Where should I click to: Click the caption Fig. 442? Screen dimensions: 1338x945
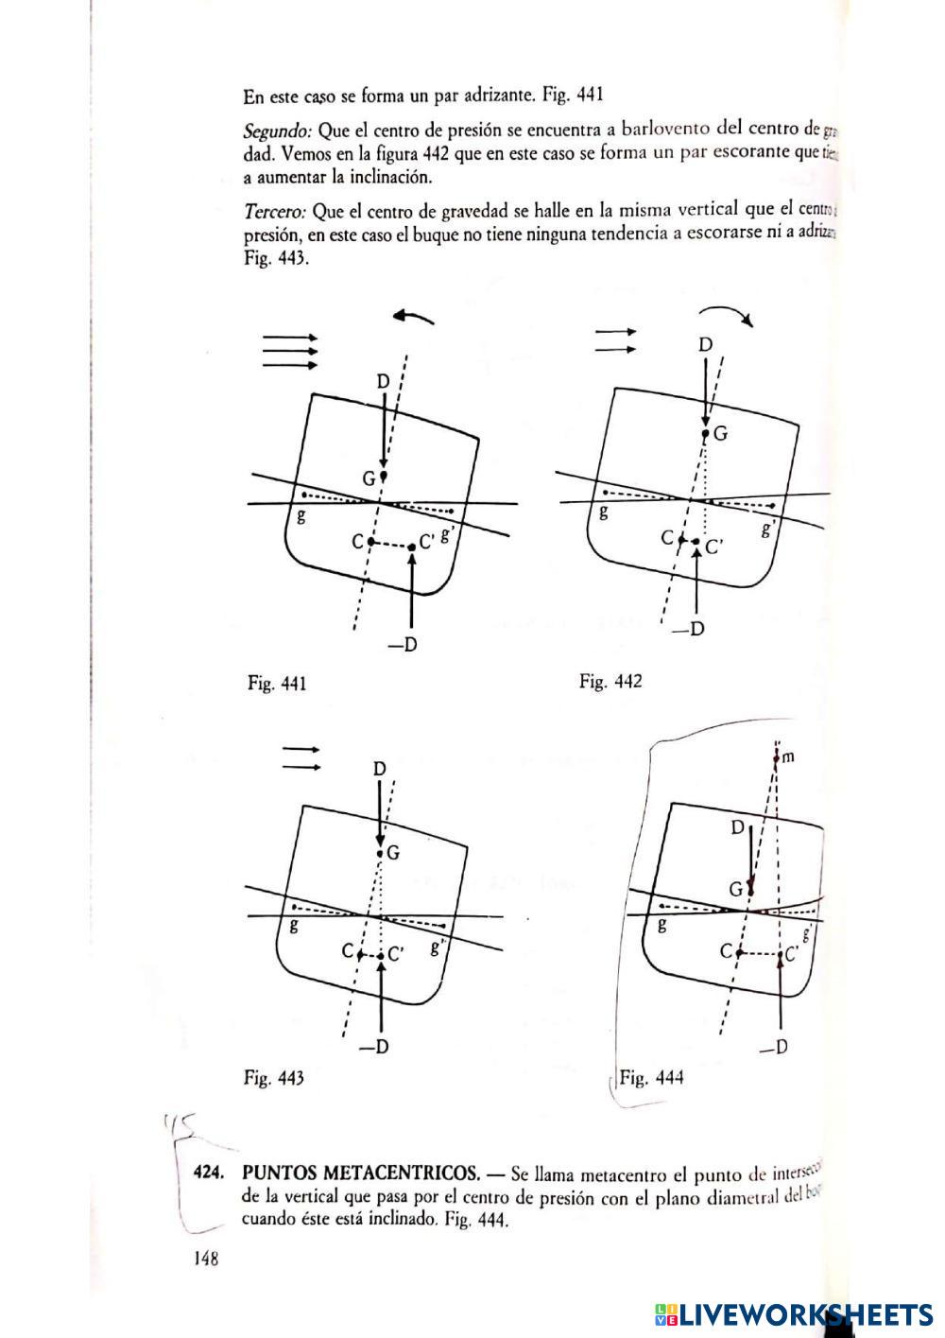click(610, 681)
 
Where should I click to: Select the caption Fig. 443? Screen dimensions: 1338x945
click(274, 1077)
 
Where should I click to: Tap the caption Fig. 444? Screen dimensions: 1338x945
click(651, 1077)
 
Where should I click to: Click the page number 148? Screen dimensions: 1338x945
click(206, 1259)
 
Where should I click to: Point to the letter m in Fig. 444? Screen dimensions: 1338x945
click(789, 756)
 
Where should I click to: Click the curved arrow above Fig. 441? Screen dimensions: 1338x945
click(414, 319)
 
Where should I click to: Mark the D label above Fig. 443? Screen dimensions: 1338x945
click(379, 769)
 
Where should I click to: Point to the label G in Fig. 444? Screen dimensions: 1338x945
click(734, 890)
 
